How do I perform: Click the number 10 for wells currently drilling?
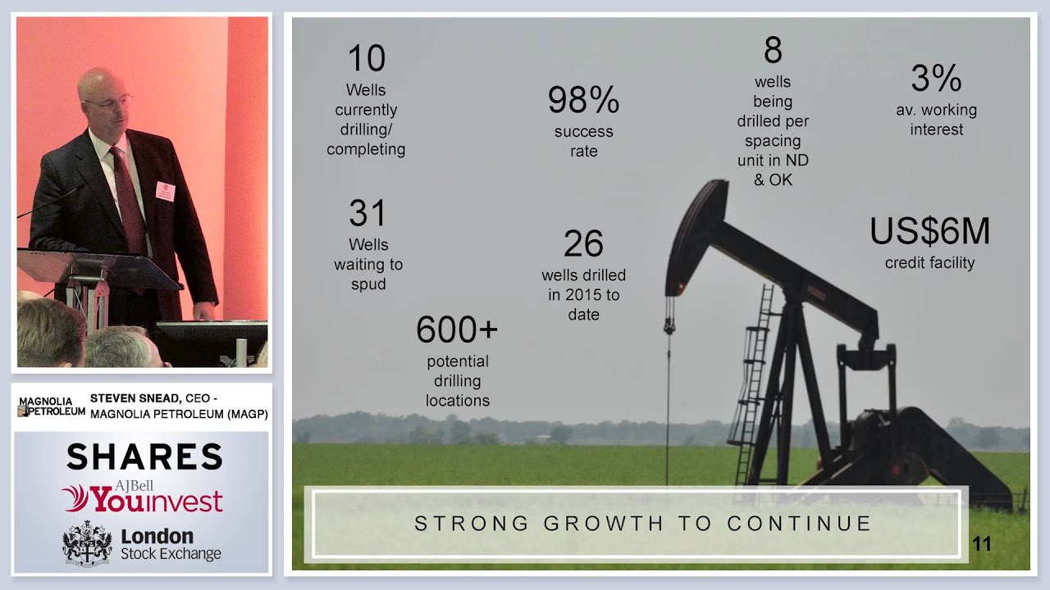point(366,59)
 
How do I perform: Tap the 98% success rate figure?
point(583,101)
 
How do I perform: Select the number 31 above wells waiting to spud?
point(367,214)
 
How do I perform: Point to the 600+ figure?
point(457,330)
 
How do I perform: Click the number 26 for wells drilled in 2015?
point(583,244)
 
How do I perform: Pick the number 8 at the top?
point(773,51)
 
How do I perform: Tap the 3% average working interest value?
point(936,79)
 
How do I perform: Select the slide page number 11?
point(981,544)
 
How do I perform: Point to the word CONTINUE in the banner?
point(800,524)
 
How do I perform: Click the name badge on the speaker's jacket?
point(165,192)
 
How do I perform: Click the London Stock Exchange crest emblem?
point(87,542)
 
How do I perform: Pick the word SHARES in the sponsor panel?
point(144,457)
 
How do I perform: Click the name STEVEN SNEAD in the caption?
point(128,398)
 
